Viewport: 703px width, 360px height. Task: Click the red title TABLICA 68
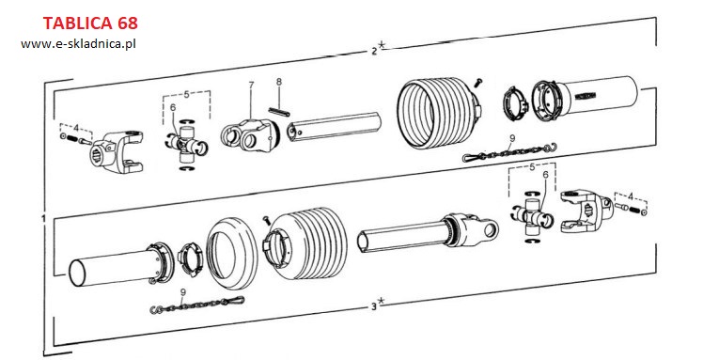click(x=90, y=23)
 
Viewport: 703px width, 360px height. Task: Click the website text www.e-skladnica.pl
click(x=78, y=44)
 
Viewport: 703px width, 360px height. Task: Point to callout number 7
click(x=251, y=85)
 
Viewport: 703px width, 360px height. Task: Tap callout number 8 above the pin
click(x=279, y=82)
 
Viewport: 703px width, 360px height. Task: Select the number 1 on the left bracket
click(x=43, y=219)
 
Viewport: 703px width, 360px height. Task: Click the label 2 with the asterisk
click(x=378, y=49)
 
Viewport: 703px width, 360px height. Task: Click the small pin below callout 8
click(x=279, y=112)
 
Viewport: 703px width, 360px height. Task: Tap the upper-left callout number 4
click(x=76, y=128)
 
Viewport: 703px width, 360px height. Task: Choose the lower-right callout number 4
click(x=631, y=196)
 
